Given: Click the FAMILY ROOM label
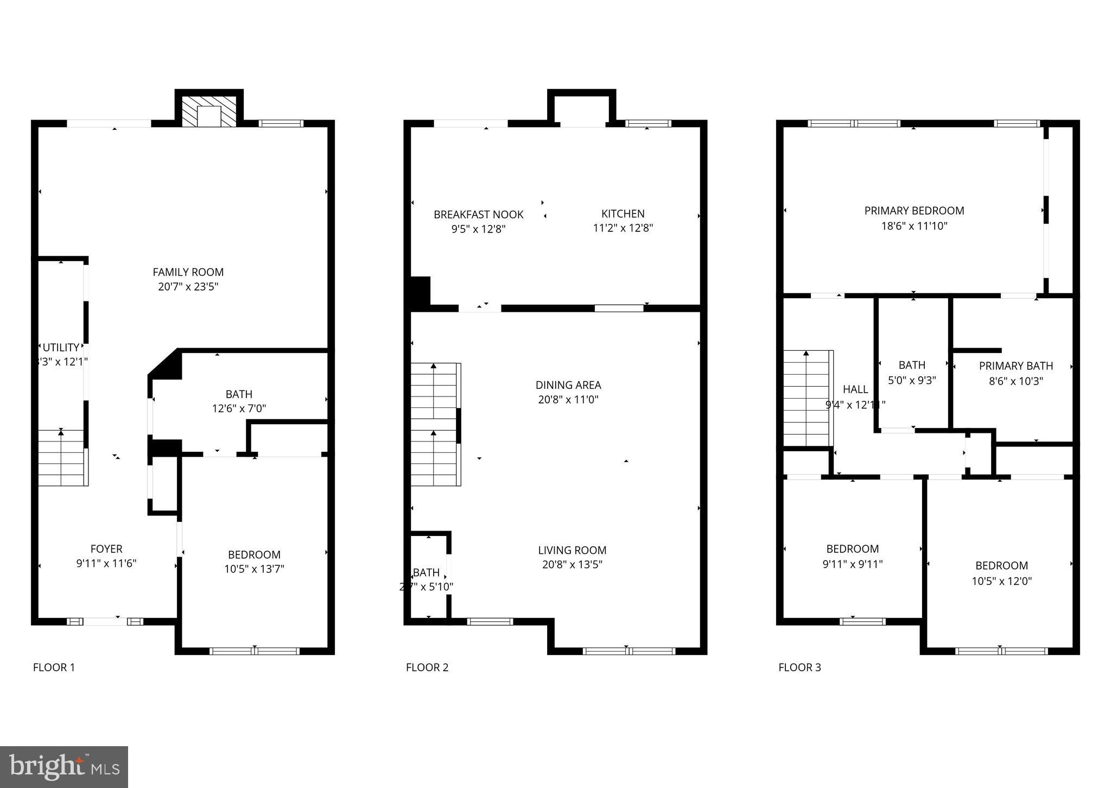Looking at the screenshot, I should click(188, 272).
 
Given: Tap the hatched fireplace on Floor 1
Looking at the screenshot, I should click(209, 112).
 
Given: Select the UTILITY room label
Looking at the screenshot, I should click(61, 348).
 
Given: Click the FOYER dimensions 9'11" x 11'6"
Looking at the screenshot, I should click(106, 564).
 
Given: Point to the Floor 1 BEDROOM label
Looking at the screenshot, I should click(254, 554).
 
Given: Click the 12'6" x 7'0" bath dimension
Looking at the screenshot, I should click(239, 408).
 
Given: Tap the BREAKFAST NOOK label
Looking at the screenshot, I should click(478, 215).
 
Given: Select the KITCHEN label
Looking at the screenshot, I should click(623, 214).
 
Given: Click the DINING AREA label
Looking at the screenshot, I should click(568, 385).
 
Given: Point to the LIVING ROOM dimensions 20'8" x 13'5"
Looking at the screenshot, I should click(572, 565).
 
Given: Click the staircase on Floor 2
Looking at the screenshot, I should click(435, 424).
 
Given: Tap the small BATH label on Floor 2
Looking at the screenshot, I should click(426, 572).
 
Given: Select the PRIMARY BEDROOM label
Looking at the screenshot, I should click(914, 211).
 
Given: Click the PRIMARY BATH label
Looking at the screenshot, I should click(1015, 366).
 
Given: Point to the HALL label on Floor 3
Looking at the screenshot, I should click(855, 389).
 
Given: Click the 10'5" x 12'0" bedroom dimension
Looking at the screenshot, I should click(1001, 581).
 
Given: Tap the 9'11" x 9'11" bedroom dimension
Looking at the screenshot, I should click(852, 564).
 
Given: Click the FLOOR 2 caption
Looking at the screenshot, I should click(427, 667).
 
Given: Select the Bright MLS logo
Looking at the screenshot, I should click(64, 767).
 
